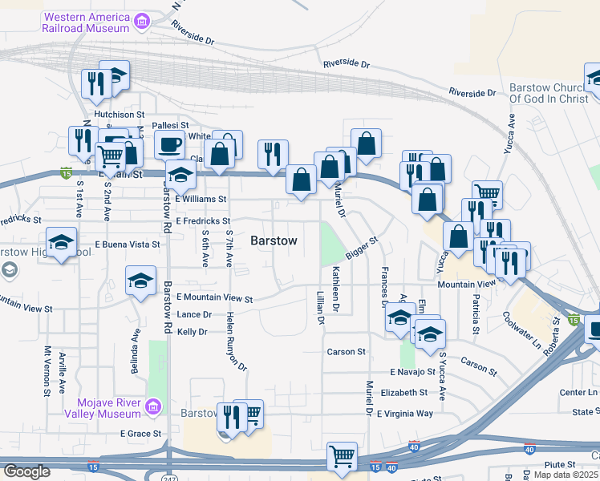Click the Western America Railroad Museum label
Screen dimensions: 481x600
tap(87, 22)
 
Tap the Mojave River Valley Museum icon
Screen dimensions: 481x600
tap(152, 408)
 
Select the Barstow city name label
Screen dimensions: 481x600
tap(274, 240)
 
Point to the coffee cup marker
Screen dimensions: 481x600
tap(169, 144)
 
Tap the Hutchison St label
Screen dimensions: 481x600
tap(118, 115)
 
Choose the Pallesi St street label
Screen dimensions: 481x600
tap(171, 125)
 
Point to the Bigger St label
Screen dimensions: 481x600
tap(362, 248)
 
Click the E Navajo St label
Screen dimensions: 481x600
tap(412, 373)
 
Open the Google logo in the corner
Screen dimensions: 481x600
tap(26, 471)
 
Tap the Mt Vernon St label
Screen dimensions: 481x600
tap(47, 370)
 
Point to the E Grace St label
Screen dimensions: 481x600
tap(140, 434)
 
